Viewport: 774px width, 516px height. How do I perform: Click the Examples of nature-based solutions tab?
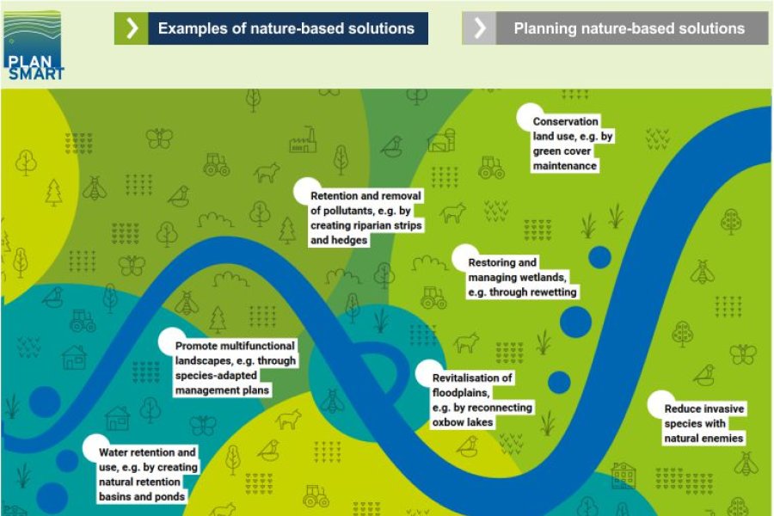[271, 28]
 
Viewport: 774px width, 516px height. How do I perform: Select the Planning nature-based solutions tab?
[615, 28]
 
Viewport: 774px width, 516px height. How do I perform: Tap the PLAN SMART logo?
[33, 46]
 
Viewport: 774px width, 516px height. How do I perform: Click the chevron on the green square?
[132, 28]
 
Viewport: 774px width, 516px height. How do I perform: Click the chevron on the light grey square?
[479, 28]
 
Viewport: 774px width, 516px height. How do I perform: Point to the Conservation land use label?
[572, 144]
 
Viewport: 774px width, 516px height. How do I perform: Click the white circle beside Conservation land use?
[529, 117]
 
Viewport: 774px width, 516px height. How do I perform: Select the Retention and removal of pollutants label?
[365, 218]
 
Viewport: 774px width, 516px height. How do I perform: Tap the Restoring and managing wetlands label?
[522, 277]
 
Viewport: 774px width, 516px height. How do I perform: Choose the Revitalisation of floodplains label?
[482, 400]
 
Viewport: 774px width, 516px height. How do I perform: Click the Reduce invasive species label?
[703, 423]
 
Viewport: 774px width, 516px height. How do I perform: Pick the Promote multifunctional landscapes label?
[235, 368]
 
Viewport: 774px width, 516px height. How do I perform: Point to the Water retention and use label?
[148, 474]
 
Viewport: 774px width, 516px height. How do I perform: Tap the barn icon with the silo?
[441, 140]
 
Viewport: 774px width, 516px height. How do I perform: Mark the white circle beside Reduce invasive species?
[661, 404]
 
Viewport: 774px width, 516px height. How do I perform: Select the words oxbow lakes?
[463, 422]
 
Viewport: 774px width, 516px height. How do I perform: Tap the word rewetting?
[548, 292]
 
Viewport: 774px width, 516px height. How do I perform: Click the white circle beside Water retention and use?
[95, 447]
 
